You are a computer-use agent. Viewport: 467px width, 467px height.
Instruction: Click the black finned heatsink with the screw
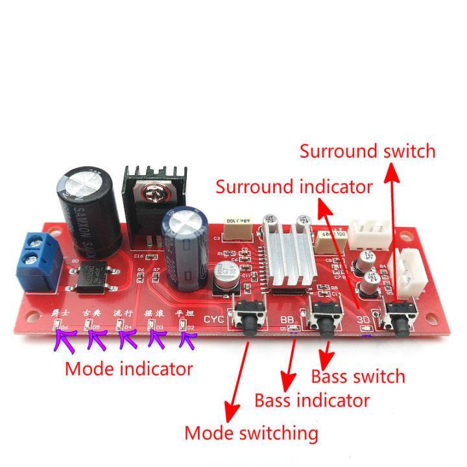pos(154,195)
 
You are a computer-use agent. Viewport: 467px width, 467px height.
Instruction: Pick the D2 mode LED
pos(183,326)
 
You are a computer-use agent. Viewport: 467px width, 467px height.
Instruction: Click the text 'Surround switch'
pos(367,152)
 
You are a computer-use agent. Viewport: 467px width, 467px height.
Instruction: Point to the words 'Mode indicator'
pos(129,369)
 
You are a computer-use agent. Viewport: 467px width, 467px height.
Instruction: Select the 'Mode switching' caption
pos(251,433)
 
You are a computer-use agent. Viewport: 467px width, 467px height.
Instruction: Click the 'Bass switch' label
pos(358,376)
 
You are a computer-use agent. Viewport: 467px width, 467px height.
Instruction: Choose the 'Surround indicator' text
pos(294,187)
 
